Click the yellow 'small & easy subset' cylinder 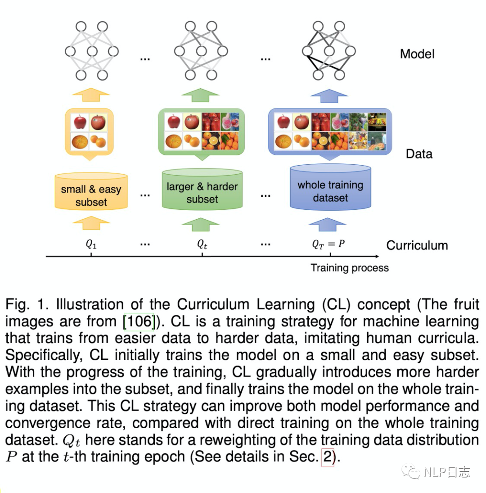(x=91, y=191)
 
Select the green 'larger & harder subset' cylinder (x=202, y=189)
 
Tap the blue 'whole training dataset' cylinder (x=330, y=187)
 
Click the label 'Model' (x=417, y=54)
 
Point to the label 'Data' (x=419, y=154)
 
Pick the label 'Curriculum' (x=417, y=245)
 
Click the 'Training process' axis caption (x=350, y=268)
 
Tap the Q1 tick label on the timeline (x=91, y=244)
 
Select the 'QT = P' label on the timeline (x=328, y=244)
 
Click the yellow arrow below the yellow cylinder (x=91, y=223)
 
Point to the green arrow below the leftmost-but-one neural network (x=200, y=95)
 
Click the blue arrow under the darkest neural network (x=329, y=96)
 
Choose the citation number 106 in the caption (x=139, y=321)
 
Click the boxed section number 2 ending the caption (x=327, y=457)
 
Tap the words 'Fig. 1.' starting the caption (x=27, y=304)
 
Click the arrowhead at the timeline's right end (x=377, y=257)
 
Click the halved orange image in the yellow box (x=80, y=141)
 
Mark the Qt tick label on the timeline (x=202, y=244)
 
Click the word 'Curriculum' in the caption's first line (x=213, y=304)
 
